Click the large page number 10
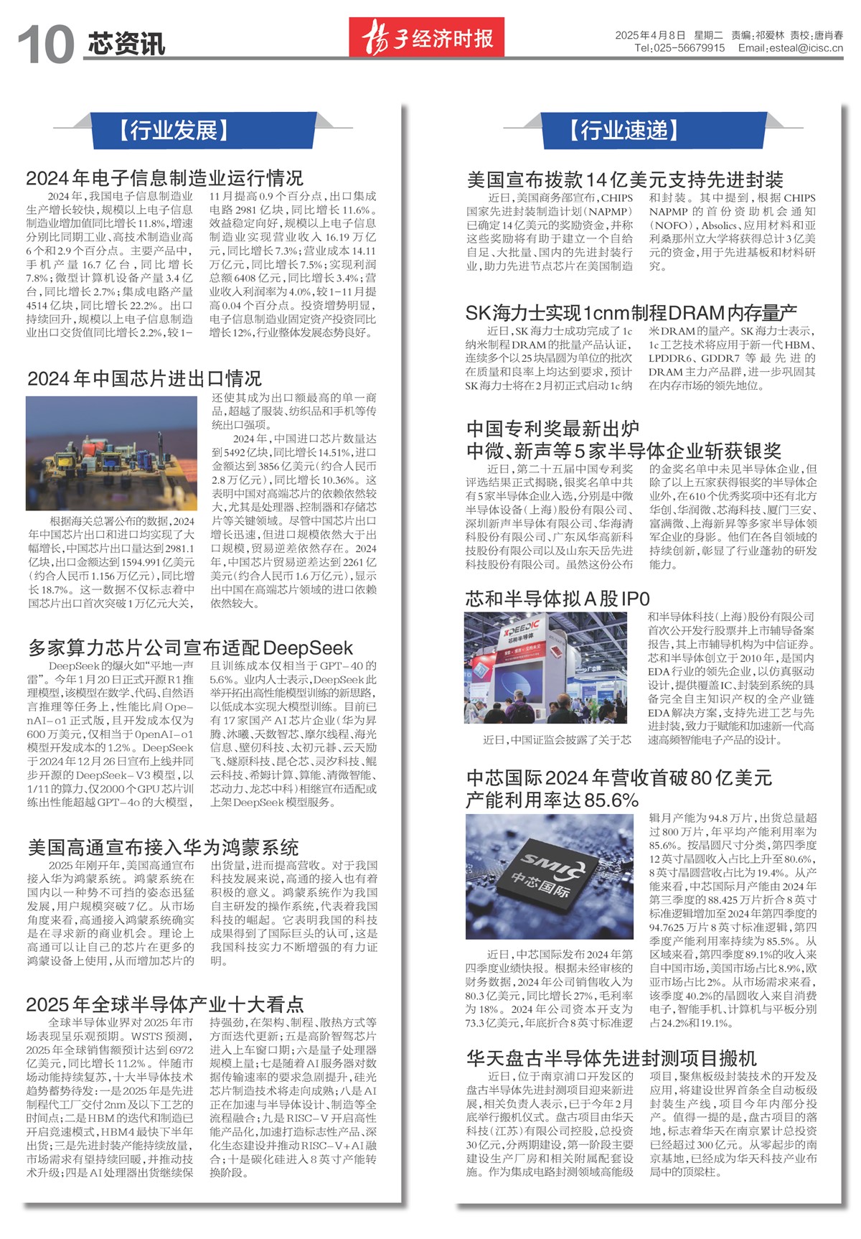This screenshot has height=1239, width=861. point(46,44)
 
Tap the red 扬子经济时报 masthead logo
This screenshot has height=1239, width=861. point(427,37)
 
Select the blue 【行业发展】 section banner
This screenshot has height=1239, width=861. point(174,130)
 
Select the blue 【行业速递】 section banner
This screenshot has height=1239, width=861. point(624,130)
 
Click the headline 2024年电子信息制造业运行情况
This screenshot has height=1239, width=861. point(165,177)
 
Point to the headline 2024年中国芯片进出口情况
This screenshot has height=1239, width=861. point(144,378)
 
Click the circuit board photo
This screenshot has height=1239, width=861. point(111,454)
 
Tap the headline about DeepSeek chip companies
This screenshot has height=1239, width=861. point(190,647)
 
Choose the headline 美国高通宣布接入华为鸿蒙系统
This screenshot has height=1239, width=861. point(163,847)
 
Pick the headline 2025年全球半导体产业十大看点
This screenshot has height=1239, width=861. point(165,1004)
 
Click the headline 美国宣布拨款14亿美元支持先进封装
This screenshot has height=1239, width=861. point(624,179)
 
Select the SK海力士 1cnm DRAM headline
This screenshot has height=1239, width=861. point(631,312)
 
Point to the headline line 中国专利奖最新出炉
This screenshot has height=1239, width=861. point(552,429)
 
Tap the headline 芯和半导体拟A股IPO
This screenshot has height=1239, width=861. point(557,599)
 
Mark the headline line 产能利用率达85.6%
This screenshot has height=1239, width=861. point(552,800)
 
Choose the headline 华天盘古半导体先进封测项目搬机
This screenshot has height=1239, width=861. point(611,1057)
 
